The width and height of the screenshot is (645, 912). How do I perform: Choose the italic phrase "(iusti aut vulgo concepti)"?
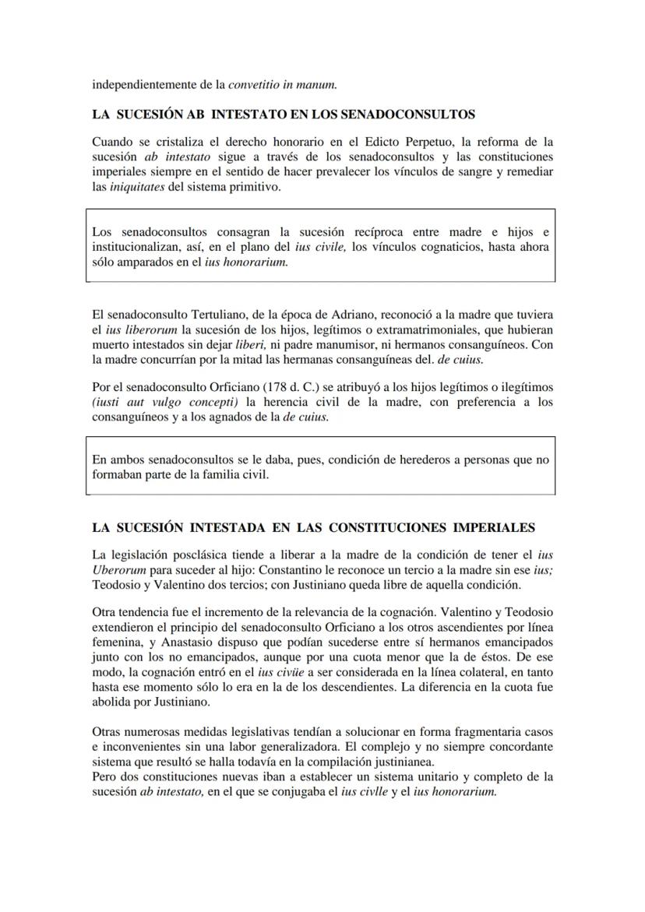165,402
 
